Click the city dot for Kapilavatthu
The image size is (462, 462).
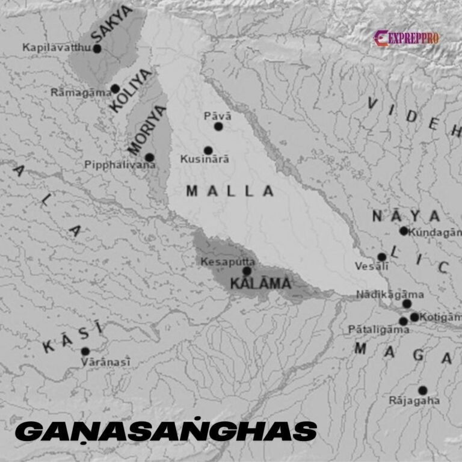(x=97, y=48)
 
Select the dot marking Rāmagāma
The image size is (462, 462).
(x=115, y=89)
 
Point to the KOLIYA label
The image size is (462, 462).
(x=131, y=90)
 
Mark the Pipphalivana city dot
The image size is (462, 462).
(x=149, y=158)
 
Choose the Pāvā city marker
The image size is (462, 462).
(x=218, y=126)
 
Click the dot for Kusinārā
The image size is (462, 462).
(x=208, y=150)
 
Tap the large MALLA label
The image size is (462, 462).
(x=230, y=191)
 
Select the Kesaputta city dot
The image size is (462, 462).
(x=247, y=271)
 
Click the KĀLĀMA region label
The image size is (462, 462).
(x=263, y=283)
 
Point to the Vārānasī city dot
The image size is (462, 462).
(x=85, y=351)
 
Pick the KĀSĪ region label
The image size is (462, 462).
(x=73, y=337)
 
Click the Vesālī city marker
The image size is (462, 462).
(x=382, y=257)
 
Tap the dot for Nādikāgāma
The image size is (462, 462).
(x=407, y=304)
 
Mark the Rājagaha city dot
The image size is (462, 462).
(x=423, y=390)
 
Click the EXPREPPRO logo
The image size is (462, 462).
(x=407, y=38)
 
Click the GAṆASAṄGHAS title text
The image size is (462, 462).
(x=165, y=431)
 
